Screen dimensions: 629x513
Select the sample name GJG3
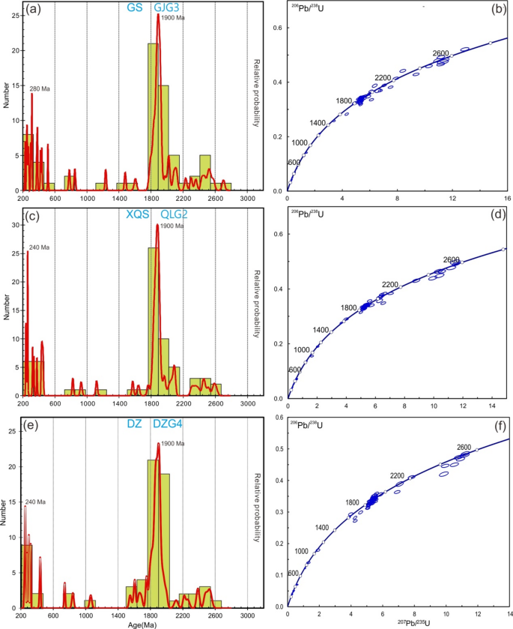coord(167,7)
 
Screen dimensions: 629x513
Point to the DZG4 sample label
coord(169,424)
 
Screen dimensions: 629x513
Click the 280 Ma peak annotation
coord(40,88)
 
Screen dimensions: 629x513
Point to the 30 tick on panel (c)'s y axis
coord(15,225)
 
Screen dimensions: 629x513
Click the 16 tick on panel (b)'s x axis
coord(507,199)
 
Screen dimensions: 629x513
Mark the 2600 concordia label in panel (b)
coord(440,53)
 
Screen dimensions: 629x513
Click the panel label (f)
coord(497,424)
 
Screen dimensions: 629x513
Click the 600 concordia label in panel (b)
coord(294,163)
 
